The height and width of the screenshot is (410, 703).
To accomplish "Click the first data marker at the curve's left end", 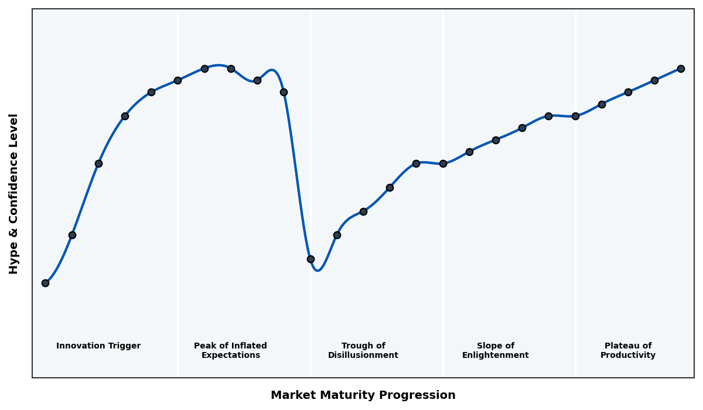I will [x=45, y=283].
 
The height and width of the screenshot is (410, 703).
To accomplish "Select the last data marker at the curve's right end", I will [x=681, y=69].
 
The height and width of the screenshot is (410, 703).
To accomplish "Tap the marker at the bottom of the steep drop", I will [x=310, y=259].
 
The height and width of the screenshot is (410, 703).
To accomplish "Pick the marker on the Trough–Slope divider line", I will [x=443, y=163].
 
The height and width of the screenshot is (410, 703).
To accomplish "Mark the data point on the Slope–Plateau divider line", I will [x=575, y=116].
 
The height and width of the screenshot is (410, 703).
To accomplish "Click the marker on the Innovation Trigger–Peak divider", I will [x=178, y=80].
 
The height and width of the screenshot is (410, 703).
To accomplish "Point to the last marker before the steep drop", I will [x=284, y=92].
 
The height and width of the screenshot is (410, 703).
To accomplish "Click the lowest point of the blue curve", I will [x=318, y=270].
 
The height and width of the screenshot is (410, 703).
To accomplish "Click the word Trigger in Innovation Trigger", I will [x=124, y=346].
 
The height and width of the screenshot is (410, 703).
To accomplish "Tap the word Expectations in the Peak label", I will [x=230, y=356].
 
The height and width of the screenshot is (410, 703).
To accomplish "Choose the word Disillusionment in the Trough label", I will [x=363, y=356].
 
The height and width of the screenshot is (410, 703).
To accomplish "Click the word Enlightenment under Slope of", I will [x=495, y=356].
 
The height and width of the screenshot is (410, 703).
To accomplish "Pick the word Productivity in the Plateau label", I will [x=627, y=356].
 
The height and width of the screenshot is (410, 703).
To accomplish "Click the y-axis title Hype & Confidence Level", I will [x=14, y=193].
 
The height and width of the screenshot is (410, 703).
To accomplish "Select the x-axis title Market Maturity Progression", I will [x=363, y=395].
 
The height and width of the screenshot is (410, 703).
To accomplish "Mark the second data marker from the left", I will [x=72, y=235].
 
